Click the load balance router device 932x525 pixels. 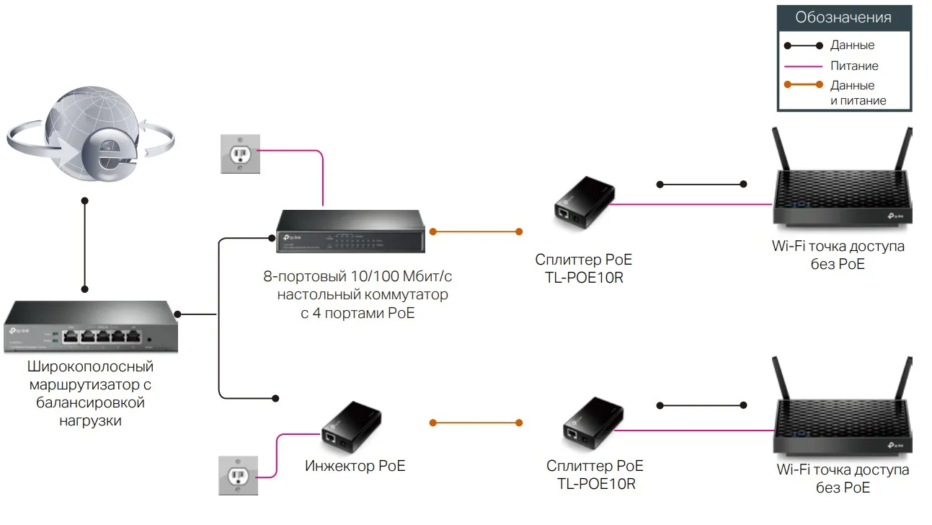coord(91,328)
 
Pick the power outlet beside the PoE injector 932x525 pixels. coord(237,475)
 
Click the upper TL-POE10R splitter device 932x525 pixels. coord(584,202)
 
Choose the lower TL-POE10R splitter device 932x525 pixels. coord(593,425)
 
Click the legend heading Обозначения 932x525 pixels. coord(843,17)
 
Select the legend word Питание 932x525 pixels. coord(854,66)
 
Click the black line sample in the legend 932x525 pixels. coord(803,45)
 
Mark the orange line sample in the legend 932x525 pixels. coord(803,85)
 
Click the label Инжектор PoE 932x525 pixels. coord(355,466)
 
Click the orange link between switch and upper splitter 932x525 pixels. coord(476,231)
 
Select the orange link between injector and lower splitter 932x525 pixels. coord(476,421)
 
